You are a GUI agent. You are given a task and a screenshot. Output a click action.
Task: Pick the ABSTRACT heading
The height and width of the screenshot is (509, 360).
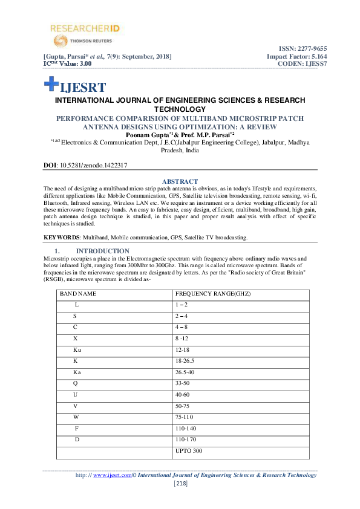tap(180, 181)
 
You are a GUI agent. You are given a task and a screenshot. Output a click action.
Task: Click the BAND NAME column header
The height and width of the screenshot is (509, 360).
tap(78, 294)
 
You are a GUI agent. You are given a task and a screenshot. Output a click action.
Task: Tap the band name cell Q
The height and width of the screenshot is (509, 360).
tap(76, 383)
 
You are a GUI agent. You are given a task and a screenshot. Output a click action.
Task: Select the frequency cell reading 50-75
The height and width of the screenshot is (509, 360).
tap(183, 406)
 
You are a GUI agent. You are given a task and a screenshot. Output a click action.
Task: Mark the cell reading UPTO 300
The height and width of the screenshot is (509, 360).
tap(188, 451)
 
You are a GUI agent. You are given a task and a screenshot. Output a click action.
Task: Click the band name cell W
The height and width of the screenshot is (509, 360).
tap(76, 417)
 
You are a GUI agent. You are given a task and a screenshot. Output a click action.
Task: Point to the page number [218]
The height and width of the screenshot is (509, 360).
tap(180, 484)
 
